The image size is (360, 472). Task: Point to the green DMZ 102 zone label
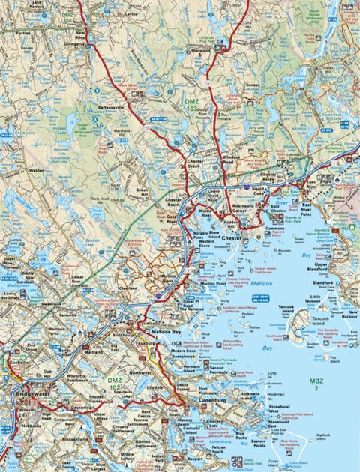[115, 383]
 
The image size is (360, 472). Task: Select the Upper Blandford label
[321, 267]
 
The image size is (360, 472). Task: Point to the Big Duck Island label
[323, 435]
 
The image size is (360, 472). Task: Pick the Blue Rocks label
[241, 435]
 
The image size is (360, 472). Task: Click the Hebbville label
[31, 425]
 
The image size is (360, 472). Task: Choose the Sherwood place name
[199, 50]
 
